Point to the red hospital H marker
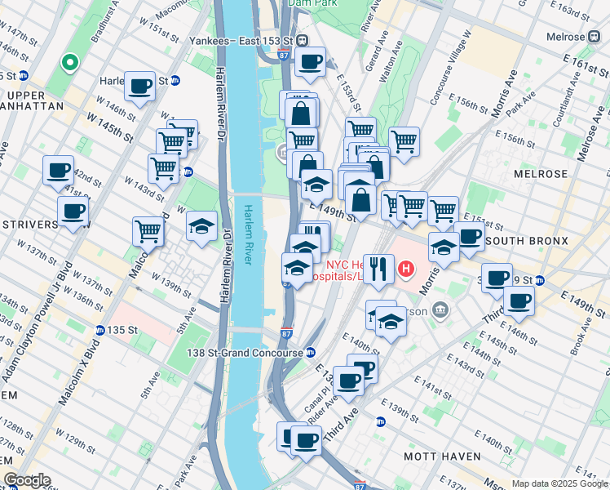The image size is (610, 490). tap(404, 267)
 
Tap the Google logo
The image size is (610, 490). tap(27, 480)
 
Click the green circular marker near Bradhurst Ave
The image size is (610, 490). tap(70, 61)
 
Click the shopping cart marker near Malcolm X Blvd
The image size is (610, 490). tap(148, 231)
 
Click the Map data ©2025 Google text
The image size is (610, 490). tap(559, 483)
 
